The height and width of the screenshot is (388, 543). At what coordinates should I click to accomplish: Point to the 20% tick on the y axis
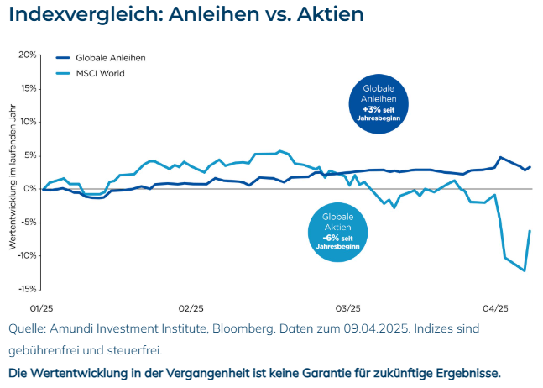26,55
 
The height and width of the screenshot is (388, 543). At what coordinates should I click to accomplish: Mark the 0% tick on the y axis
29,189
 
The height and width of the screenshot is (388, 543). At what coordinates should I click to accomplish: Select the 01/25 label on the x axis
41,308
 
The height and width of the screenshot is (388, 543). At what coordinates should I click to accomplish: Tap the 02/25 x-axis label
191,308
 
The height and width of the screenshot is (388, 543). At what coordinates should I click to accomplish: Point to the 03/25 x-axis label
347,308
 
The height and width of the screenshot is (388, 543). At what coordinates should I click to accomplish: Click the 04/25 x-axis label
496,308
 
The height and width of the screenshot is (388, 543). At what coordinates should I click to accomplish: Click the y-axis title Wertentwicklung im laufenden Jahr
13,178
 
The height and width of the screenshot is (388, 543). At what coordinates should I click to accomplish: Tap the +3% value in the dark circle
370,109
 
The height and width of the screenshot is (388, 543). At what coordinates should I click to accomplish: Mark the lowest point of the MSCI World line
525,270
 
